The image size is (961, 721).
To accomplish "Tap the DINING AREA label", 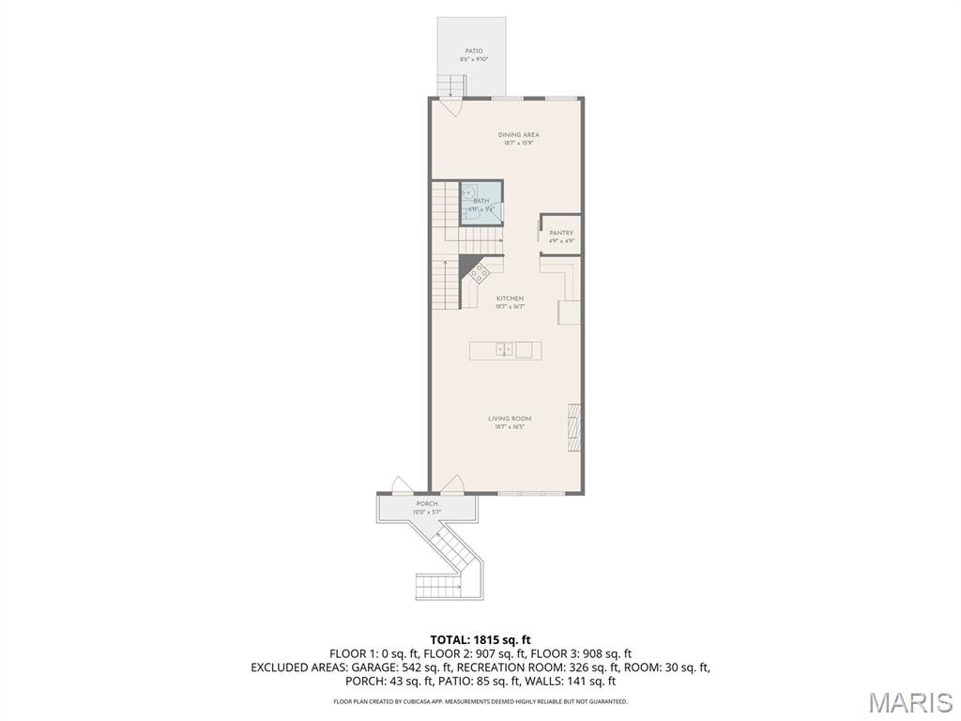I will tap(518, 135).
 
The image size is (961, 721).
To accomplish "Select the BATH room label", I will tap(480, 201).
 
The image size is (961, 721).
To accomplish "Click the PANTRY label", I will tap(561, 233).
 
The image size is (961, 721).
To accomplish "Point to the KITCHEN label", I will tap(510, 299).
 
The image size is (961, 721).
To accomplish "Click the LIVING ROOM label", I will tap(510, 419).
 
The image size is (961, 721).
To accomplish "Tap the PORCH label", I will tap(427, 504).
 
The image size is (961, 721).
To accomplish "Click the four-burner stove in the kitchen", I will tap(479, 273).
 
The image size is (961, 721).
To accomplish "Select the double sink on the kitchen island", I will tap(504, 350).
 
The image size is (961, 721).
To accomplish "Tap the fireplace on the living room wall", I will tap(574, 427).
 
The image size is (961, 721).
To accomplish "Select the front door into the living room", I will tap(452, 485).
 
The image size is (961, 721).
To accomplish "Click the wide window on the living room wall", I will tap(531, 494).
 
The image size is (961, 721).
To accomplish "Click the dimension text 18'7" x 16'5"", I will tap(510, 427).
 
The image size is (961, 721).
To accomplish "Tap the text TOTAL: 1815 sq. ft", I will tap(480, 639).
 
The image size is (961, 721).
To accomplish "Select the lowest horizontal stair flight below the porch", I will tap(437, 587).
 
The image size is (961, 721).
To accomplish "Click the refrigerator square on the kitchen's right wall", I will tap(569, 312).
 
